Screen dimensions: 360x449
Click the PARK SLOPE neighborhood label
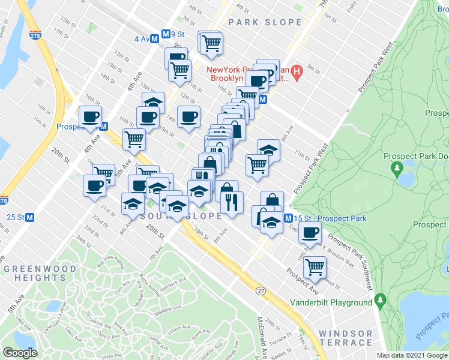tap(265, 22)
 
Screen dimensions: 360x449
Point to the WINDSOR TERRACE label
tap(345, 338)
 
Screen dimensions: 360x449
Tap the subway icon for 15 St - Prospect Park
tap(289, 218)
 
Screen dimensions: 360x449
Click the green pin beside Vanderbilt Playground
tap(379, 298)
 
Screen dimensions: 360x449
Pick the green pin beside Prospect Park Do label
tap(397, 170)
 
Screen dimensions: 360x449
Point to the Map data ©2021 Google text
tap(412, 355)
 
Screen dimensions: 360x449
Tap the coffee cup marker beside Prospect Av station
tap(90, 116)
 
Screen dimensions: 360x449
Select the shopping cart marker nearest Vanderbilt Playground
tap(314, 267)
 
